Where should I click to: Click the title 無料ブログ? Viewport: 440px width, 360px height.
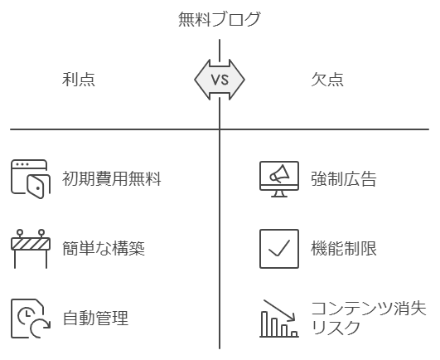pyautogui.click(x=220, y=19)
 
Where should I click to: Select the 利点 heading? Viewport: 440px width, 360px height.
pyautogui.click(x=79, y=79)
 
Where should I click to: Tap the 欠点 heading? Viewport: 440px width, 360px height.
pyautogui.click(x=327, y=79)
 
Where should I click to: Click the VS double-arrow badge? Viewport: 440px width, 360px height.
pyautogui.click(x=220, y=80)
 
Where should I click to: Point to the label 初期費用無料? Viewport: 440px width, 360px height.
pyautogui.click(x=112, y=178)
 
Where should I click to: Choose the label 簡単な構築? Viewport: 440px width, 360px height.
pyautogui.click(x=104, y=249)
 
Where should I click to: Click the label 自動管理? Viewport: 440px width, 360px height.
pyautogui.click(x=95, y=318)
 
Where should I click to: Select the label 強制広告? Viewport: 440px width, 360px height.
pyautogui.click(x=344, y=179)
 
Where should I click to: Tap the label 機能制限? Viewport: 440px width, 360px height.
pyautogui.click(x=344, y=249)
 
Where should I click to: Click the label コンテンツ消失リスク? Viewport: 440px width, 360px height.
pyautogui.click(x=369, y=318)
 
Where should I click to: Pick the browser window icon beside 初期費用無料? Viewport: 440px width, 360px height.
pyautogui.click(x=31, y=179)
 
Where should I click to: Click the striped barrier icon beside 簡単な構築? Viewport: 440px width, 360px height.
pyautogui.click(x=31, y=249)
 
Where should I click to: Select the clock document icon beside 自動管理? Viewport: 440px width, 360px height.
pyautogui.click(x=31, y=319)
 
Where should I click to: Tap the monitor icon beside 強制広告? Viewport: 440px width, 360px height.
pyautogui.click(x=279, y=179)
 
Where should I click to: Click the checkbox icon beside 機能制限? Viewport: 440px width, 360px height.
pyautogui.click(x=279, y=249)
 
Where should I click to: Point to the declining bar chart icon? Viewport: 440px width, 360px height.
pyautogui.click(x=279, y=319)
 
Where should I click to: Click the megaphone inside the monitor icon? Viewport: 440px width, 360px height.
pyautogui.click(x=279, y=174)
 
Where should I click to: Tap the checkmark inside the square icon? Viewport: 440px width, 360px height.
pyautogui.click(x=279, y=248)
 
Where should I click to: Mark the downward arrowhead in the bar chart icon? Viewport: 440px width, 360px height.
pyautogui.click(x=292, y=318)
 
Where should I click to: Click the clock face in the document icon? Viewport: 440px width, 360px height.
pyautogui.click(x=26, y=315)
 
